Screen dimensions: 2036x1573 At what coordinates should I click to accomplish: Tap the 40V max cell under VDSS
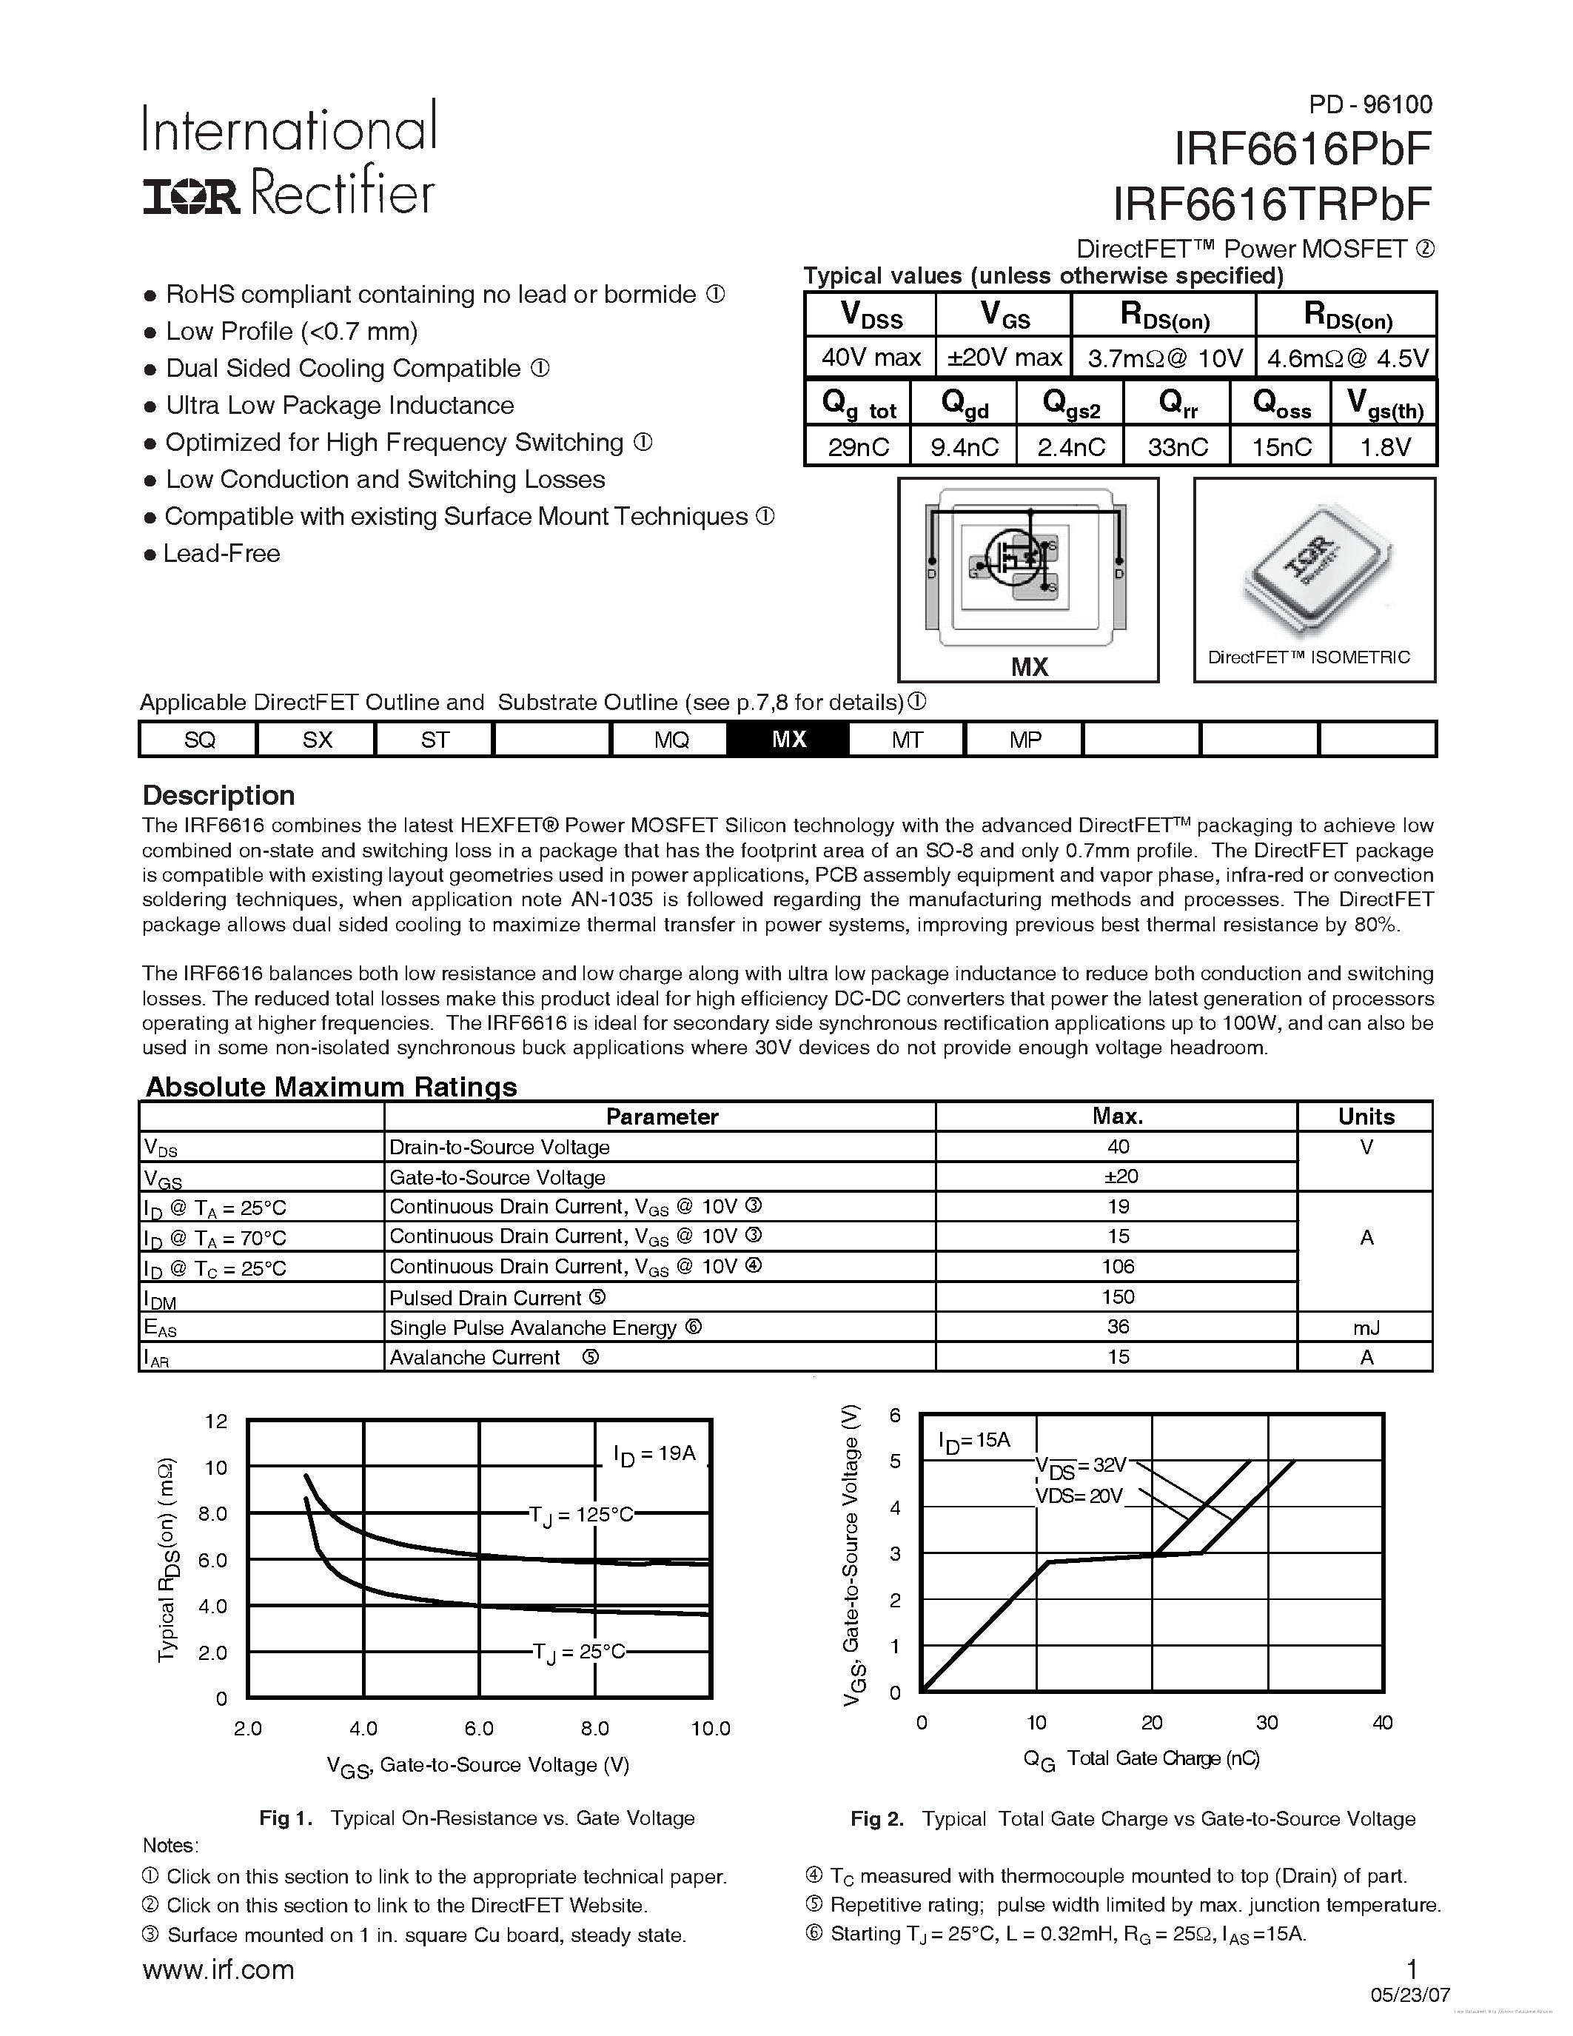pos(871,357)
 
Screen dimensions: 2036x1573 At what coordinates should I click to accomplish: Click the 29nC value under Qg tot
pos(858,447)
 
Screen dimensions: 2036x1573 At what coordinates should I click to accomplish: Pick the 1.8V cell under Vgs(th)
pos(1385,447)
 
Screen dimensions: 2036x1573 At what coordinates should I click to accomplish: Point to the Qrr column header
pos(1178,403)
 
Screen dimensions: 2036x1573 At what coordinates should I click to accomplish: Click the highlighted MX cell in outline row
pos(788,740)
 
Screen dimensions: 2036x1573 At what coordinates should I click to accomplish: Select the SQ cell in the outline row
pos(199,740)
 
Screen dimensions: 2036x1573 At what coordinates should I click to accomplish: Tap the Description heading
pos(218,795)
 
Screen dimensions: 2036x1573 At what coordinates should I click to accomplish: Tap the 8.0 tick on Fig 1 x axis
pos(594,1728)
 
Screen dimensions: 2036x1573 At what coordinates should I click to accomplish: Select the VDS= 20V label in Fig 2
pos(1079,1496)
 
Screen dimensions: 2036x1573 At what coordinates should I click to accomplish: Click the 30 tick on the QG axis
pos(1267,1723)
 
